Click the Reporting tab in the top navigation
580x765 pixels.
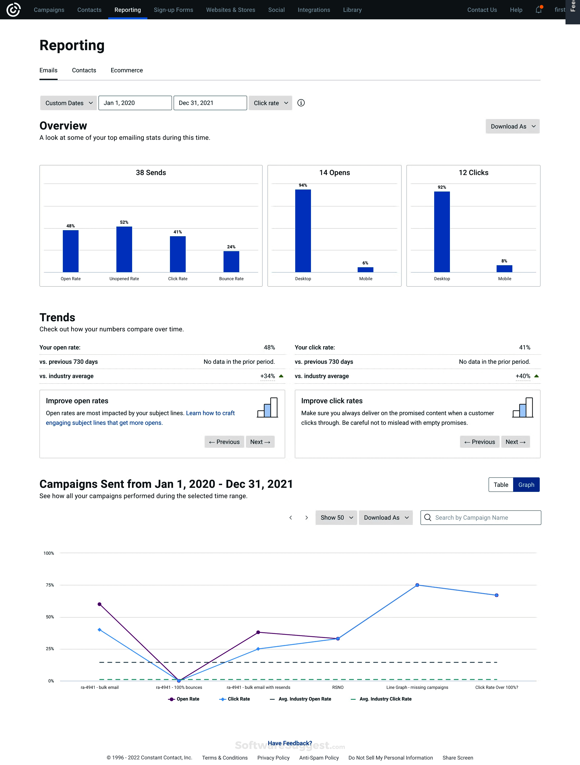128,10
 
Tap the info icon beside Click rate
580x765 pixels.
301,103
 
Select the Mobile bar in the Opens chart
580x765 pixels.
365,270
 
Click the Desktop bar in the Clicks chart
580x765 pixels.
442,232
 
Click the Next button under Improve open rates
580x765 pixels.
260,442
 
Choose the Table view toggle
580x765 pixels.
500,485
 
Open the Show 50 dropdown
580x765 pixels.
336,518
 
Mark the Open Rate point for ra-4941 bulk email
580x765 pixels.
100,604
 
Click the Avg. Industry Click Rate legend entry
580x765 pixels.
381,699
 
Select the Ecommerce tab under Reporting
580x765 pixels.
127,70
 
